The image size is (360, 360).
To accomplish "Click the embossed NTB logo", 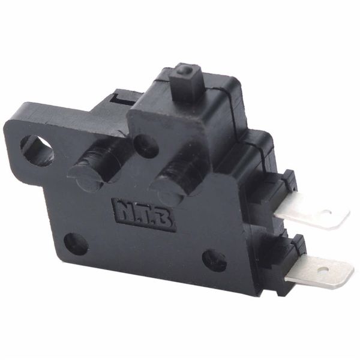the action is pyautogui.click(x=144, y=215).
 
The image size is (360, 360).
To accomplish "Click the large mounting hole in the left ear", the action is pyautogui.click(x=37, y=151).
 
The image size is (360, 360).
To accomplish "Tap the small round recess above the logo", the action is pyautogui.click(x=146, y=146).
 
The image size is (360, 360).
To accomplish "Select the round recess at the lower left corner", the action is pyautogui.click(x=76, y=244).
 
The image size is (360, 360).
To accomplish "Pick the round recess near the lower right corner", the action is pyautogui.click(x=214, y=260).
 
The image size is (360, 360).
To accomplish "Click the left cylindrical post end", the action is pyautogui.click(x=85, y=179).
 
